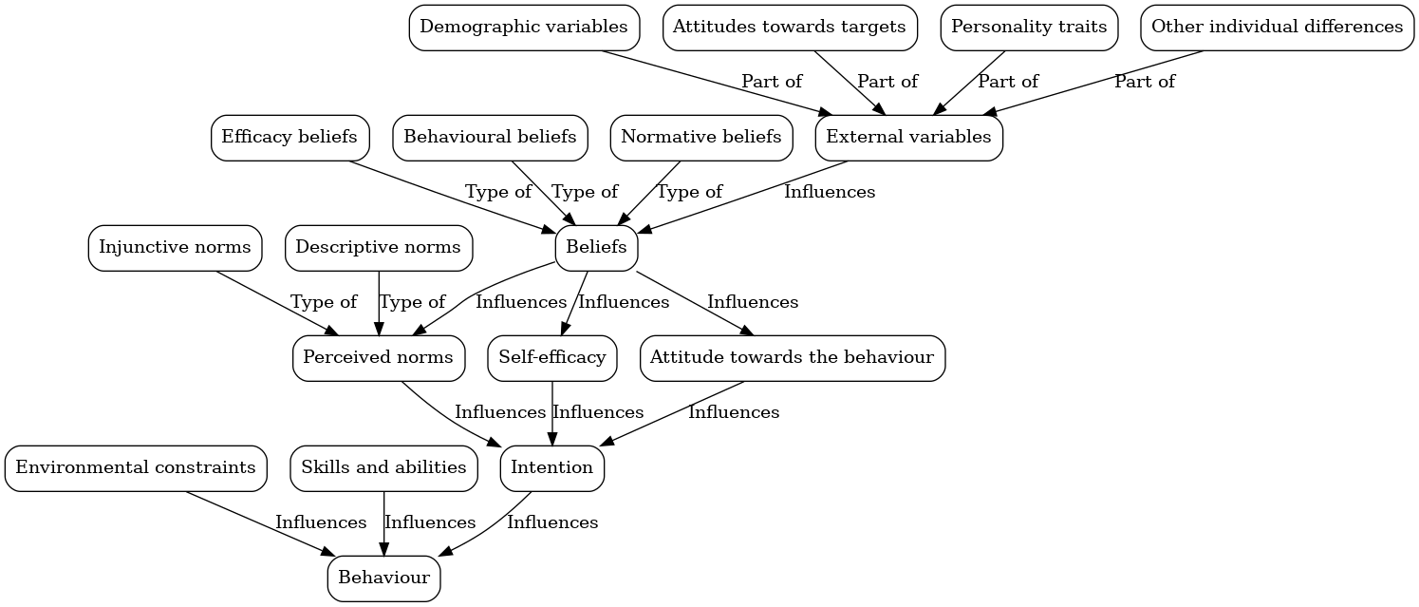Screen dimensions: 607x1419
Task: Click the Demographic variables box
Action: (x=524, y=28)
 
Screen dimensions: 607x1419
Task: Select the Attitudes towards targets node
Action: (x=790, y=28)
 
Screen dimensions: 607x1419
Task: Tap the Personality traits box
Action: (x=1029, y=28)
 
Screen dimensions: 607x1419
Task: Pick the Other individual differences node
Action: (x=1277, y=28)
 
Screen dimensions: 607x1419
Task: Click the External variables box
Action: (x=908, y=138)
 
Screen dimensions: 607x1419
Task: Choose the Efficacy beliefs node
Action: (x=289, y=138)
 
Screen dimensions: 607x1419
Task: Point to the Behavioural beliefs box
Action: (x=490, y=138)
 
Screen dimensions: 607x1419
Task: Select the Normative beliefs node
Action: (x=701, y=138)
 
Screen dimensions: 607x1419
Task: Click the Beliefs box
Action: (x=596, y=248)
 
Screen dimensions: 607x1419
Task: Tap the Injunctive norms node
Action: (x=175, y=248)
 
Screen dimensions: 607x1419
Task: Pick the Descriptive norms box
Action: (x=378, y=248)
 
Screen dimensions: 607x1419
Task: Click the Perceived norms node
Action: (x=379, y=358)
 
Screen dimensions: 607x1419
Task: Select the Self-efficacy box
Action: (x=552, y=358)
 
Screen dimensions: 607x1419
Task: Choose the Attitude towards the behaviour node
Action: (x=792, y=358)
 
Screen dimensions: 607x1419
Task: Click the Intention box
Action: (x=551, y=468)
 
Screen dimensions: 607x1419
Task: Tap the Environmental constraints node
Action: (x=136, y=468)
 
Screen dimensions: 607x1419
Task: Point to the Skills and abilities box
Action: (x=383, y=468)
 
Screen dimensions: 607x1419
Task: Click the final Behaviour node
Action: (x=383, y=579)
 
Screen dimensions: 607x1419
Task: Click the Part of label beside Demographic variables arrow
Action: (x=772, y=82)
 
